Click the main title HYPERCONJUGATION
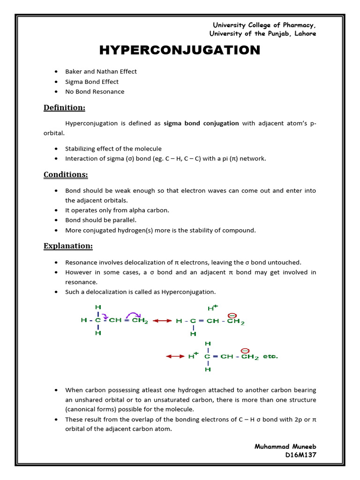click(x=180, y=50)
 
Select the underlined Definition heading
click(x=64, y=108)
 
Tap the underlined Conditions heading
click(x=66, y=175)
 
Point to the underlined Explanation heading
click(x=68, y=246)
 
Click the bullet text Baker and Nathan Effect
click(x=101, y=71)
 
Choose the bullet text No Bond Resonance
click(x=95, y=91)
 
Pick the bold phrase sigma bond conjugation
click(x=201, y=123)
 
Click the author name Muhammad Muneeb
click(x=285, y=447)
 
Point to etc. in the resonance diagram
click(x=270, y=356)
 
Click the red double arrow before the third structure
click(x=176, y=356)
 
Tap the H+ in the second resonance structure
click(x=212, y=308)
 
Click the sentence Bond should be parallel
click(x=101, y=220)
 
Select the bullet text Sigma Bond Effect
click(x=92, y=82)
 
